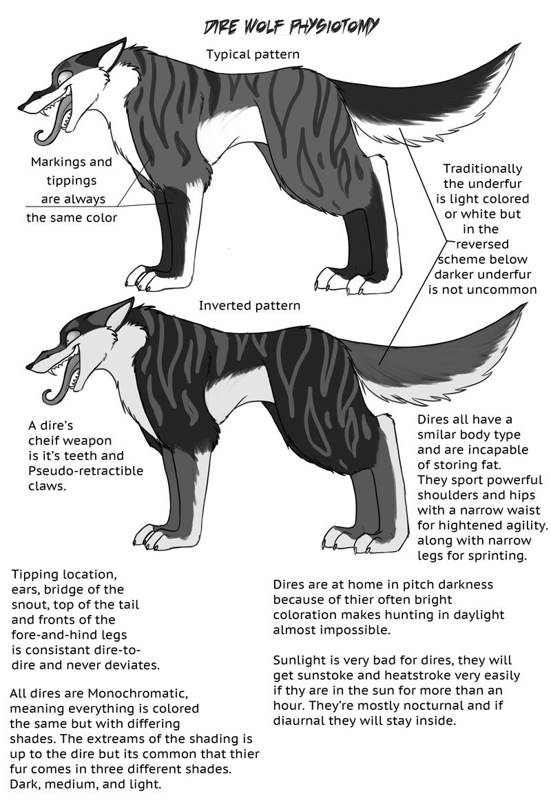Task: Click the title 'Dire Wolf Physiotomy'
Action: click(x=291, y=27)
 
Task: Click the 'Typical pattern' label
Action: click(x=253, y=54)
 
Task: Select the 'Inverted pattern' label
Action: click(x=249, y=306)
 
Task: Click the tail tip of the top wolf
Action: click(x=519, y=45)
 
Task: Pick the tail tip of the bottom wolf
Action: click(x=526, y=304)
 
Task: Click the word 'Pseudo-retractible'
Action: click(x=86, y=471)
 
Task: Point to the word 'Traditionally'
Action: click(x=483, y=169)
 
